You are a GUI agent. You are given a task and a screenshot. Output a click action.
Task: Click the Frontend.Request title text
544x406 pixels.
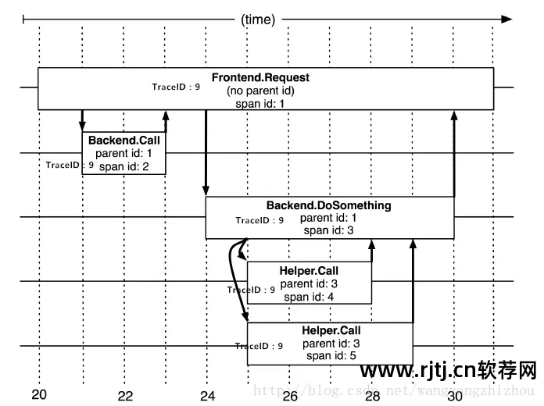coord(260,78)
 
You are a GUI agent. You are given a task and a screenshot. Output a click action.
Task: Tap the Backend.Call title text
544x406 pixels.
coord(123,141)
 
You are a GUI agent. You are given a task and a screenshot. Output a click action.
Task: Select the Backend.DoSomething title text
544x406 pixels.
coord(328,206)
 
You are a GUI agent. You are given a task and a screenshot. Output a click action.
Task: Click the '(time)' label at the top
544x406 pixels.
coord(258,20)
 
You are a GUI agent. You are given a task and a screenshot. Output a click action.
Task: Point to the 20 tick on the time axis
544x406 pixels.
coord(39,394)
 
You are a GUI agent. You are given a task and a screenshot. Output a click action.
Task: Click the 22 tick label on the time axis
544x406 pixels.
coord(125,395)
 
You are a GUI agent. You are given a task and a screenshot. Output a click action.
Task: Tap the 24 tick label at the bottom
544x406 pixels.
coord(207,395)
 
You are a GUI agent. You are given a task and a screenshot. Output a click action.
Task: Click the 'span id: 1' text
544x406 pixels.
coord(260,103)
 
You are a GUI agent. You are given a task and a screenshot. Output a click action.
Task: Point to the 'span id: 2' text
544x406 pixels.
coord(123,166)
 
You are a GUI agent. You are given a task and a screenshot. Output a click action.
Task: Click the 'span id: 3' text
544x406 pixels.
coord(328,230)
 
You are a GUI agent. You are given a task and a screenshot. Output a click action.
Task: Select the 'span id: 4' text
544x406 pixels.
coord(309,296)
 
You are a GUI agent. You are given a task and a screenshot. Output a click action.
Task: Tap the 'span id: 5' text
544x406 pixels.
coord(331,355)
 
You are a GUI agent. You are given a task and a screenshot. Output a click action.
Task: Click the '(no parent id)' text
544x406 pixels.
coord(260,91)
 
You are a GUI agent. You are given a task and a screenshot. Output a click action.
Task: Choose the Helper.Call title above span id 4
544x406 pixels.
coord(309,271)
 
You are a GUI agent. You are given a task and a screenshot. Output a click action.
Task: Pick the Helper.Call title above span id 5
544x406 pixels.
coord(331,331)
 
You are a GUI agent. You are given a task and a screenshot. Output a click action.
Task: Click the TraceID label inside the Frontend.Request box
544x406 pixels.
coord(176,87)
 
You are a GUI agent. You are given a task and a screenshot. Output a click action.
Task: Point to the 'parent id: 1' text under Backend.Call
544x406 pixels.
coord(123,153)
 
